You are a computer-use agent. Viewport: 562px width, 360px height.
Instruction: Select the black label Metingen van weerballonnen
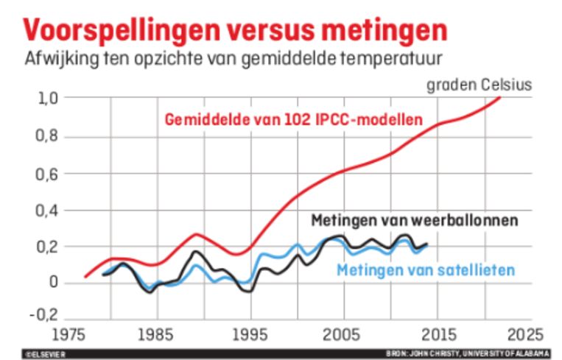(x=415, y=220)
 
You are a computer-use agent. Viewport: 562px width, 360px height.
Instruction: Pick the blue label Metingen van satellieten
(x=425, y=271)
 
